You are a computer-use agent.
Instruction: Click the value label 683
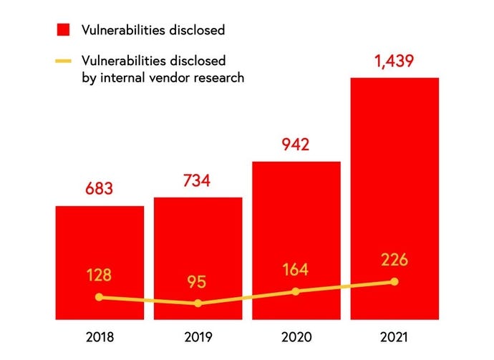point(100,190)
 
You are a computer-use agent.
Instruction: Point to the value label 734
point(196,181)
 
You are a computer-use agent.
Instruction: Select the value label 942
point(294,145)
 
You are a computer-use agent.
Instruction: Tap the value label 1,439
point(394,62)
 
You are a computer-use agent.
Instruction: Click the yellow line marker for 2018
point(100,297)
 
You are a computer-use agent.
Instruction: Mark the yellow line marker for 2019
point(198,303)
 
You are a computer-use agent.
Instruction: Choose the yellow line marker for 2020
point(296,291)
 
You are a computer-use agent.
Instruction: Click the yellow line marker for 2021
point(394,281)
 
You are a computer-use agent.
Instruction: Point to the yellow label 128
point(100,276)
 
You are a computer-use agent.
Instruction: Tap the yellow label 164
point(294,270)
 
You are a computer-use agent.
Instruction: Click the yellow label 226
point(394,259)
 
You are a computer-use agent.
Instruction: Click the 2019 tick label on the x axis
point(198,337)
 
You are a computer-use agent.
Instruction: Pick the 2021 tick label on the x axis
point(394,337)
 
